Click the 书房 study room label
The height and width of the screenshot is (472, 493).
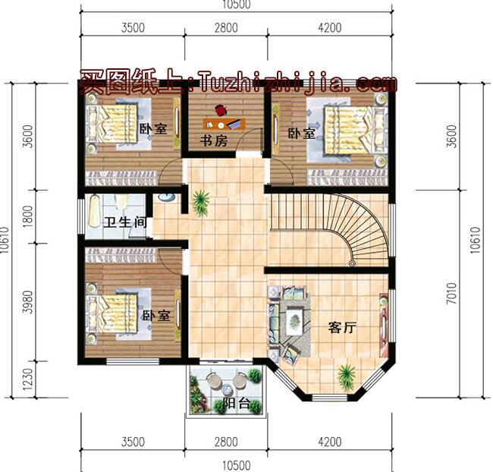coord(214,141)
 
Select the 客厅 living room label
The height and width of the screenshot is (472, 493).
coord(342,328)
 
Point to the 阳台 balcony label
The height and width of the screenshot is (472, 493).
coord(237,404)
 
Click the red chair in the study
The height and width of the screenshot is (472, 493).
coord(221,109)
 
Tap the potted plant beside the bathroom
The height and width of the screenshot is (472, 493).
coord(201,201)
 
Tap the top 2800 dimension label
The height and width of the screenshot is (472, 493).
coord(225,28)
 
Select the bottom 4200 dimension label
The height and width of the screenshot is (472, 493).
coord(329,441)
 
